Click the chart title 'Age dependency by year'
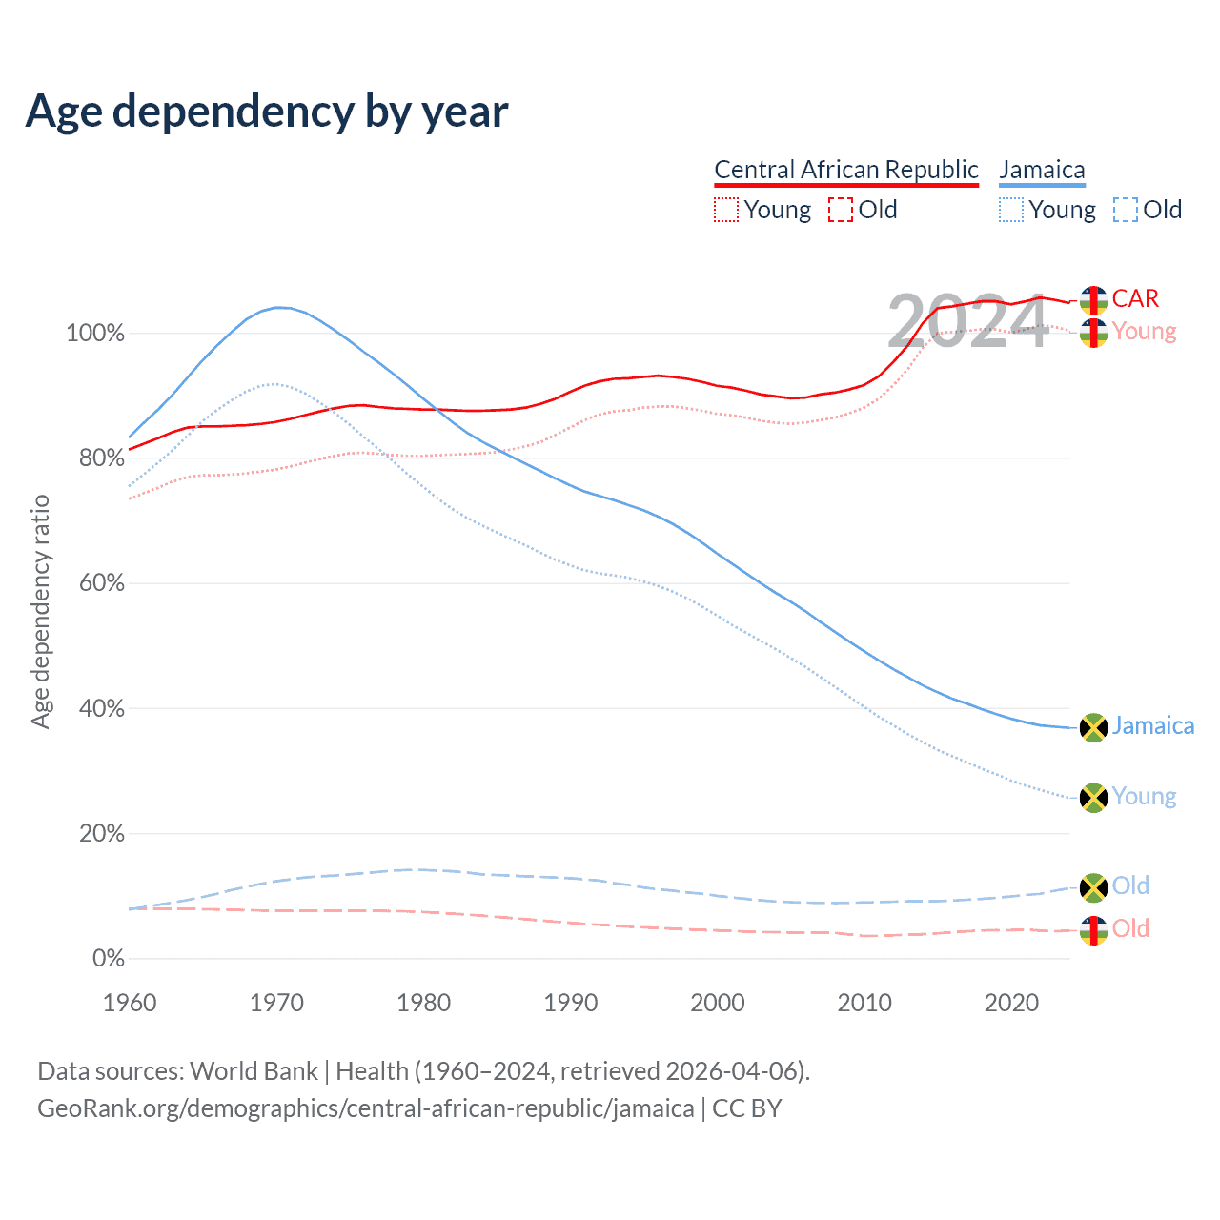[x=267, y=112]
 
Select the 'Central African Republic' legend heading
[x=846, y=170]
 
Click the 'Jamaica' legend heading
[x=1042, y=170]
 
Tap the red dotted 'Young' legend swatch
[x=726, y=210]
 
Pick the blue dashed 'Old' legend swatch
[x=1126, y=210]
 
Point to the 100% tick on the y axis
[x=95, y=334]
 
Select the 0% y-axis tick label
[x=108, y=959]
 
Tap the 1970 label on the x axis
[x=276, y=1003]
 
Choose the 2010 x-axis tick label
[x=864, y=1003]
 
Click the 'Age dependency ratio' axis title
[x=40, y=611]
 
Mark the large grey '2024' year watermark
[x=967, y=322]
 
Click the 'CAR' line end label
[x=1135, y=298]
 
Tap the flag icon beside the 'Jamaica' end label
[x=1093, y=727]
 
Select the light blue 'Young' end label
[x=1144, y=797]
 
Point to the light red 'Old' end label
[x=1130, y=928]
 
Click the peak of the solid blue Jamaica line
[x=278, y=307]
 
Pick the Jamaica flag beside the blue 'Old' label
[x=1093, y=887]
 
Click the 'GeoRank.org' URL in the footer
[x=365, y=1108]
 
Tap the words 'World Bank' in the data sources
[x=254, y=1071]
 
